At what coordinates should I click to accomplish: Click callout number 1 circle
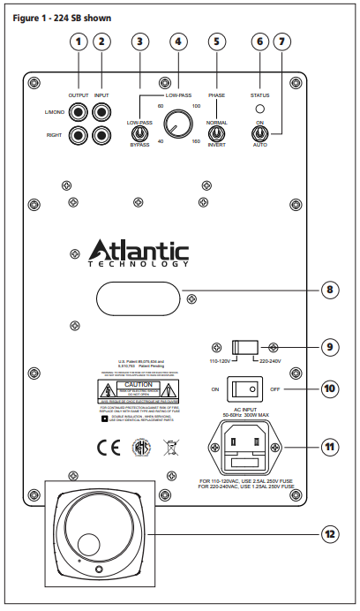[x=80, y=41]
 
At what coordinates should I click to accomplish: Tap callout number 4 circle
[x=180, y=41]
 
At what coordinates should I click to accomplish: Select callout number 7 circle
[x=281, y=41]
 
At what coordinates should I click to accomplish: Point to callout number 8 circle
[x=327, y=289]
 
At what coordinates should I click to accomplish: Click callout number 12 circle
[x=327, y=532]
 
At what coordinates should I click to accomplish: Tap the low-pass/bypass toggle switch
[x=139, y=133]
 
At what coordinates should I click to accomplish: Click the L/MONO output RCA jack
[x=80, y=113]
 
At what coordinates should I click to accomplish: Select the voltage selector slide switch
[x=244, y=346]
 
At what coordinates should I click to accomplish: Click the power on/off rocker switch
[x=244, y=388]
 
